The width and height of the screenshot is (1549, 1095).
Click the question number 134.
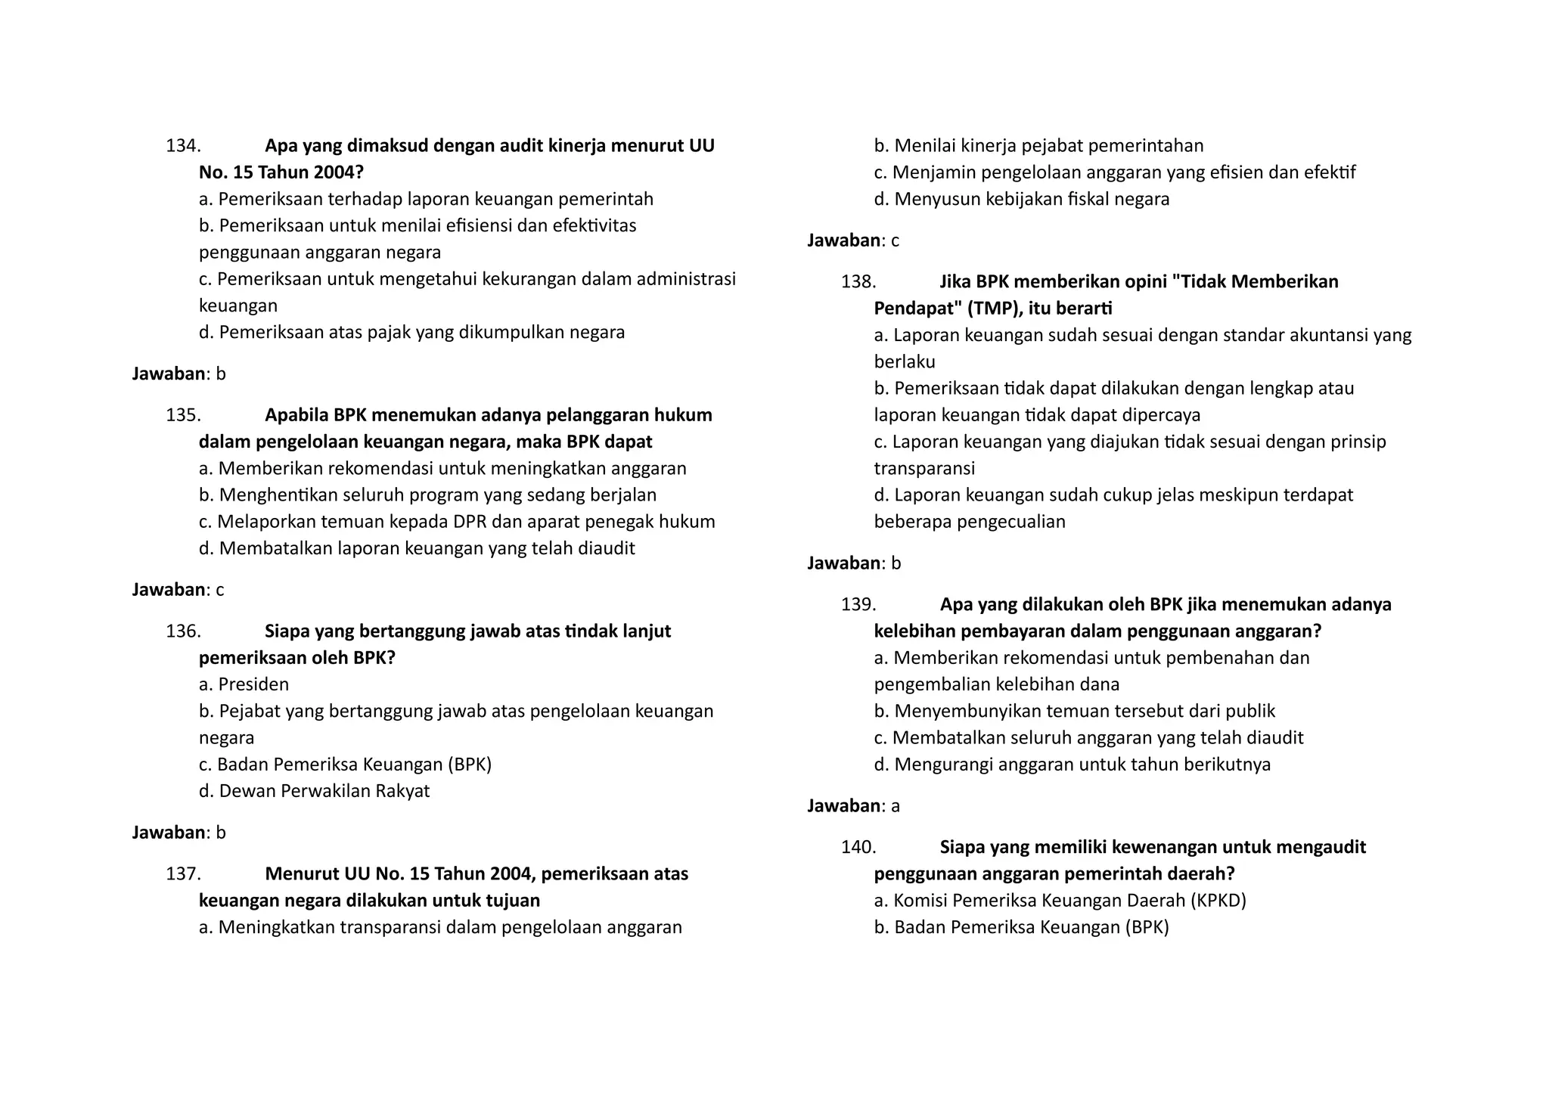coord(183,146)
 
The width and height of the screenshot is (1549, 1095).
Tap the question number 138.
coord(858,282)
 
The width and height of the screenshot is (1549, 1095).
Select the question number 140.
coord(858,847)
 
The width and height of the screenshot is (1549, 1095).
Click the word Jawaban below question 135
coord(168,590)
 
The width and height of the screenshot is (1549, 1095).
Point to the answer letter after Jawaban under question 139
coord(896,806)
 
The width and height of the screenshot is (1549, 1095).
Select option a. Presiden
coord(244,684)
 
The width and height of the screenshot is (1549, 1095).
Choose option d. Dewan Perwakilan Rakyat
coord(314,791)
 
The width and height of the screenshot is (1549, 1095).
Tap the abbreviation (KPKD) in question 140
coord(1218,901)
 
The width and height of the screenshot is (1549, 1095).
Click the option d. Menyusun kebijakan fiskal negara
coord(1021,200)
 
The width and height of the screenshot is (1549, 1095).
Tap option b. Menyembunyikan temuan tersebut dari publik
coord(1074,712)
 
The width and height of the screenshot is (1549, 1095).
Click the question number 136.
coord(183,631)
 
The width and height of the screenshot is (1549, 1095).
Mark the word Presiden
coord(253,684)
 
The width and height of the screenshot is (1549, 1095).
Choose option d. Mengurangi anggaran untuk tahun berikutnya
coord(1072,765)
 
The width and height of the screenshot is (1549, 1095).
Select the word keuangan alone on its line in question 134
coord(238,306)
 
